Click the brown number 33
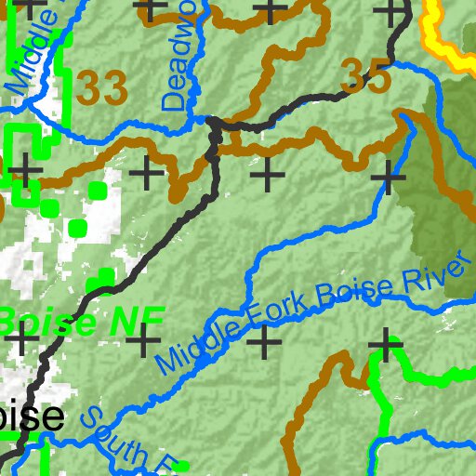click(101, 89)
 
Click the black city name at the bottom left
click(33, 417)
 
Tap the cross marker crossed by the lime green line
click(383, 345)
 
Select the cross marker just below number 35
click(388, 174)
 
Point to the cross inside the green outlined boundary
click(26, 169)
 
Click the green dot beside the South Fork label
click(183, 465)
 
